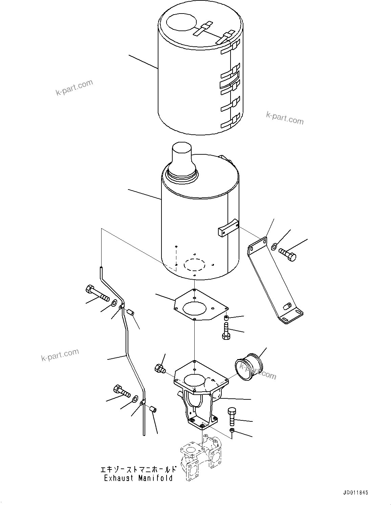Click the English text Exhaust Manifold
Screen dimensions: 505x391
[x=138, y=478]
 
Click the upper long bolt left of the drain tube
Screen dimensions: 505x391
[x=97, y=294]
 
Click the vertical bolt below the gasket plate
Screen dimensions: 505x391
[x=226, y=331]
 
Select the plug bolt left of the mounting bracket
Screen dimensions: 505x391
[x=159, y=369]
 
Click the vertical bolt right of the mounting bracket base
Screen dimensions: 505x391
[x=232, y=417]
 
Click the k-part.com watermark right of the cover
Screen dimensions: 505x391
[x=284, y=118]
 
